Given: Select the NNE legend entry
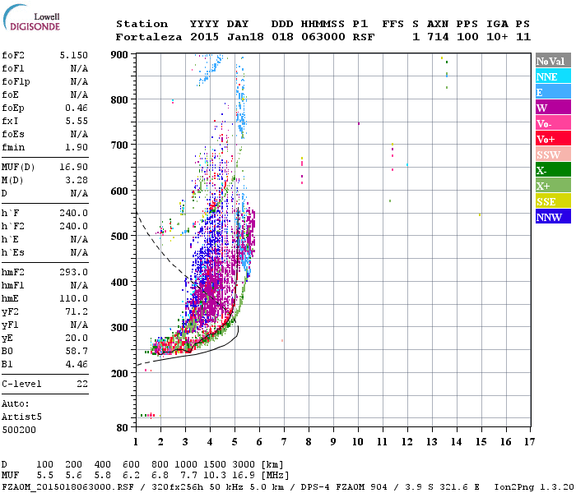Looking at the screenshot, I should [x=546, y=76].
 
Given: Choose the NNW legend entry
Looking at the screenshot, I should [x=549, y=217].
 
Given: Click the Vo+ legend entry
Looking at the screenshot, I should [x=546, y=139].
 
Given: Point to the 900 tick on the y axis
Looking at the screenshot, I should [x=121, y=54].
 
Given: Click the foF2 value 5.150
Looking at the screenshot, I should [x=74, y=55].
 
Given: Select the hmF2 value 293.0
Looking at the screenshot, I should [x=74, y=272].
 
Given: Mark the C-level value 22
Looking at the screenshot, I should [x=81, y=384].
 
